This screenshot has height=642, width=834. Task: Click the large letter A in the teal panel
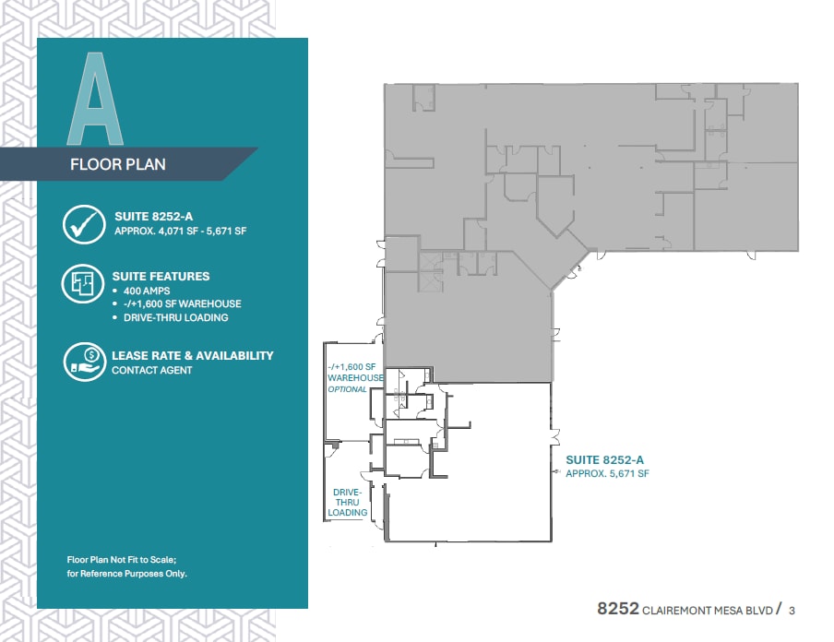click(x=97, y=100)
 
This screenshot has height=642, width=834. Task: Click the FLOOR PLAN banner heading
click(x=118, y=165)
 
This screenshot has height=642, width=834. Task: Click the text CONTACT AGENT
click(x=152, y=370)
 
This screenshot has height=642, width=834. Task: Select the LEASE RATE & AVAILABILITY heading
click(x=192, y=355)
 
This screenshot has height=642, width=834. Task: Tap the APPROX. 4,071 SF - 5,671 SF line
click(x=180, y=232)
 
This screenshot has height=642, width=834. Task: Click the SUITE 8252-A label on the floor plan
click(x=603, y=458)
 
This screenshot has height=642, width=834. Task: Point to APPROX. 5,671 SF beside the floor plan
click(x=607, y=473)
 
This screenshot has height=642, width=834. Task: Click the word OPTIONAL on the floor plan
click(x=347, y=389)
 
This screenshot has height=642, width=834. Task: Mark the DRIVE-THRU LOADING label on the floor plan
click(x=348, y=503)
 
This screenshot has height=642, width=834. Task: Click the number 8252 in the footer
click(x=617, y=609)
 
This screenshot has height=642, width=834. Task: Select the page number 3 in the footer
click(x=792, y=609)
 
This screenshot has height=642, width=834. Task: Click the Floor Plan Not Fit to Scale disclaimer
click(x=126, y=566)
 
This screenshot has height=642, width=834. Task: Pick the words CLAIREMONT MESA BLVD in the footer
click(x=707, y=610)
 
